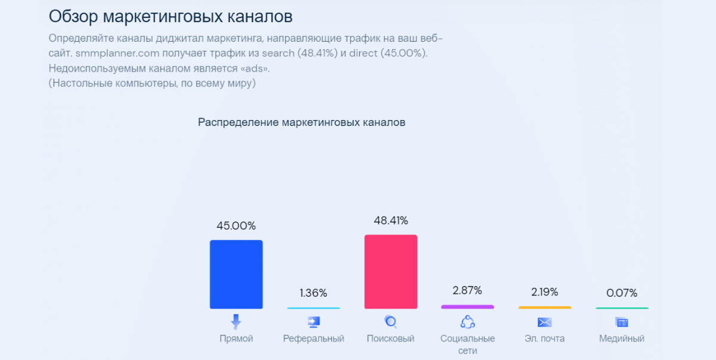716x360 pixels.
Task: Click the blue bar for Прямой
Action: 236,274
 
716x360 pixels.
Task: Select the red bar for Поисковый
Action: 391,272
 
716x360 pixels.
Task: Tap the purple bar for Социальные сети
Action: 467,307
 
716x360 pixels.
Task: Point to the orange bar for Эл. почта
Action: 544,307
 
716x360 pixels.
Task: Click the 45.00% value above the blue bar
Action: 236,226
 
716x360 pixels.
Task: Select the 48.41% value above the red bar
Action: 391,221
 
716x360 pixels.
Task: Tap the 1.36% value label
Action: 313,293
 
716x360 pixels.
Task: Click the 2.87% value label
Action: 467,291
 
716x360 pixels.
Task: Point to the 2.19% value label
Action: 544,292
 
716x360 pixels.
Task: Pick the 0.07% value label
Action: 622,293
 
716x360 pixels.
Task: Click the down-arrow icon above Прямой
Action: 236,322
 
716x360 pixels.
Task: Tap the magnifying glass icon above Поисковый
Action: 391,322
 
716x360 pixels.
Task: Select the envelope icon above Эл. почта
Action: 544,322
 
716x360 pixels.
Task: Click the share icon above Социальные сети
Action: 467,322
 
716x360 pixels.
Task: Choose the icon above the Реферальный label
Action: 313,322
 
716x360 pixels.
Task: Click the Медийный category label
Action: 622,339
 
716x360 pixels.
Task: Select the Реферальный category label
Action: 313,339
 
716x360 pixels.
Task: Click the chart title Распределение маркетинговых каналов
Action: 301,122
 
